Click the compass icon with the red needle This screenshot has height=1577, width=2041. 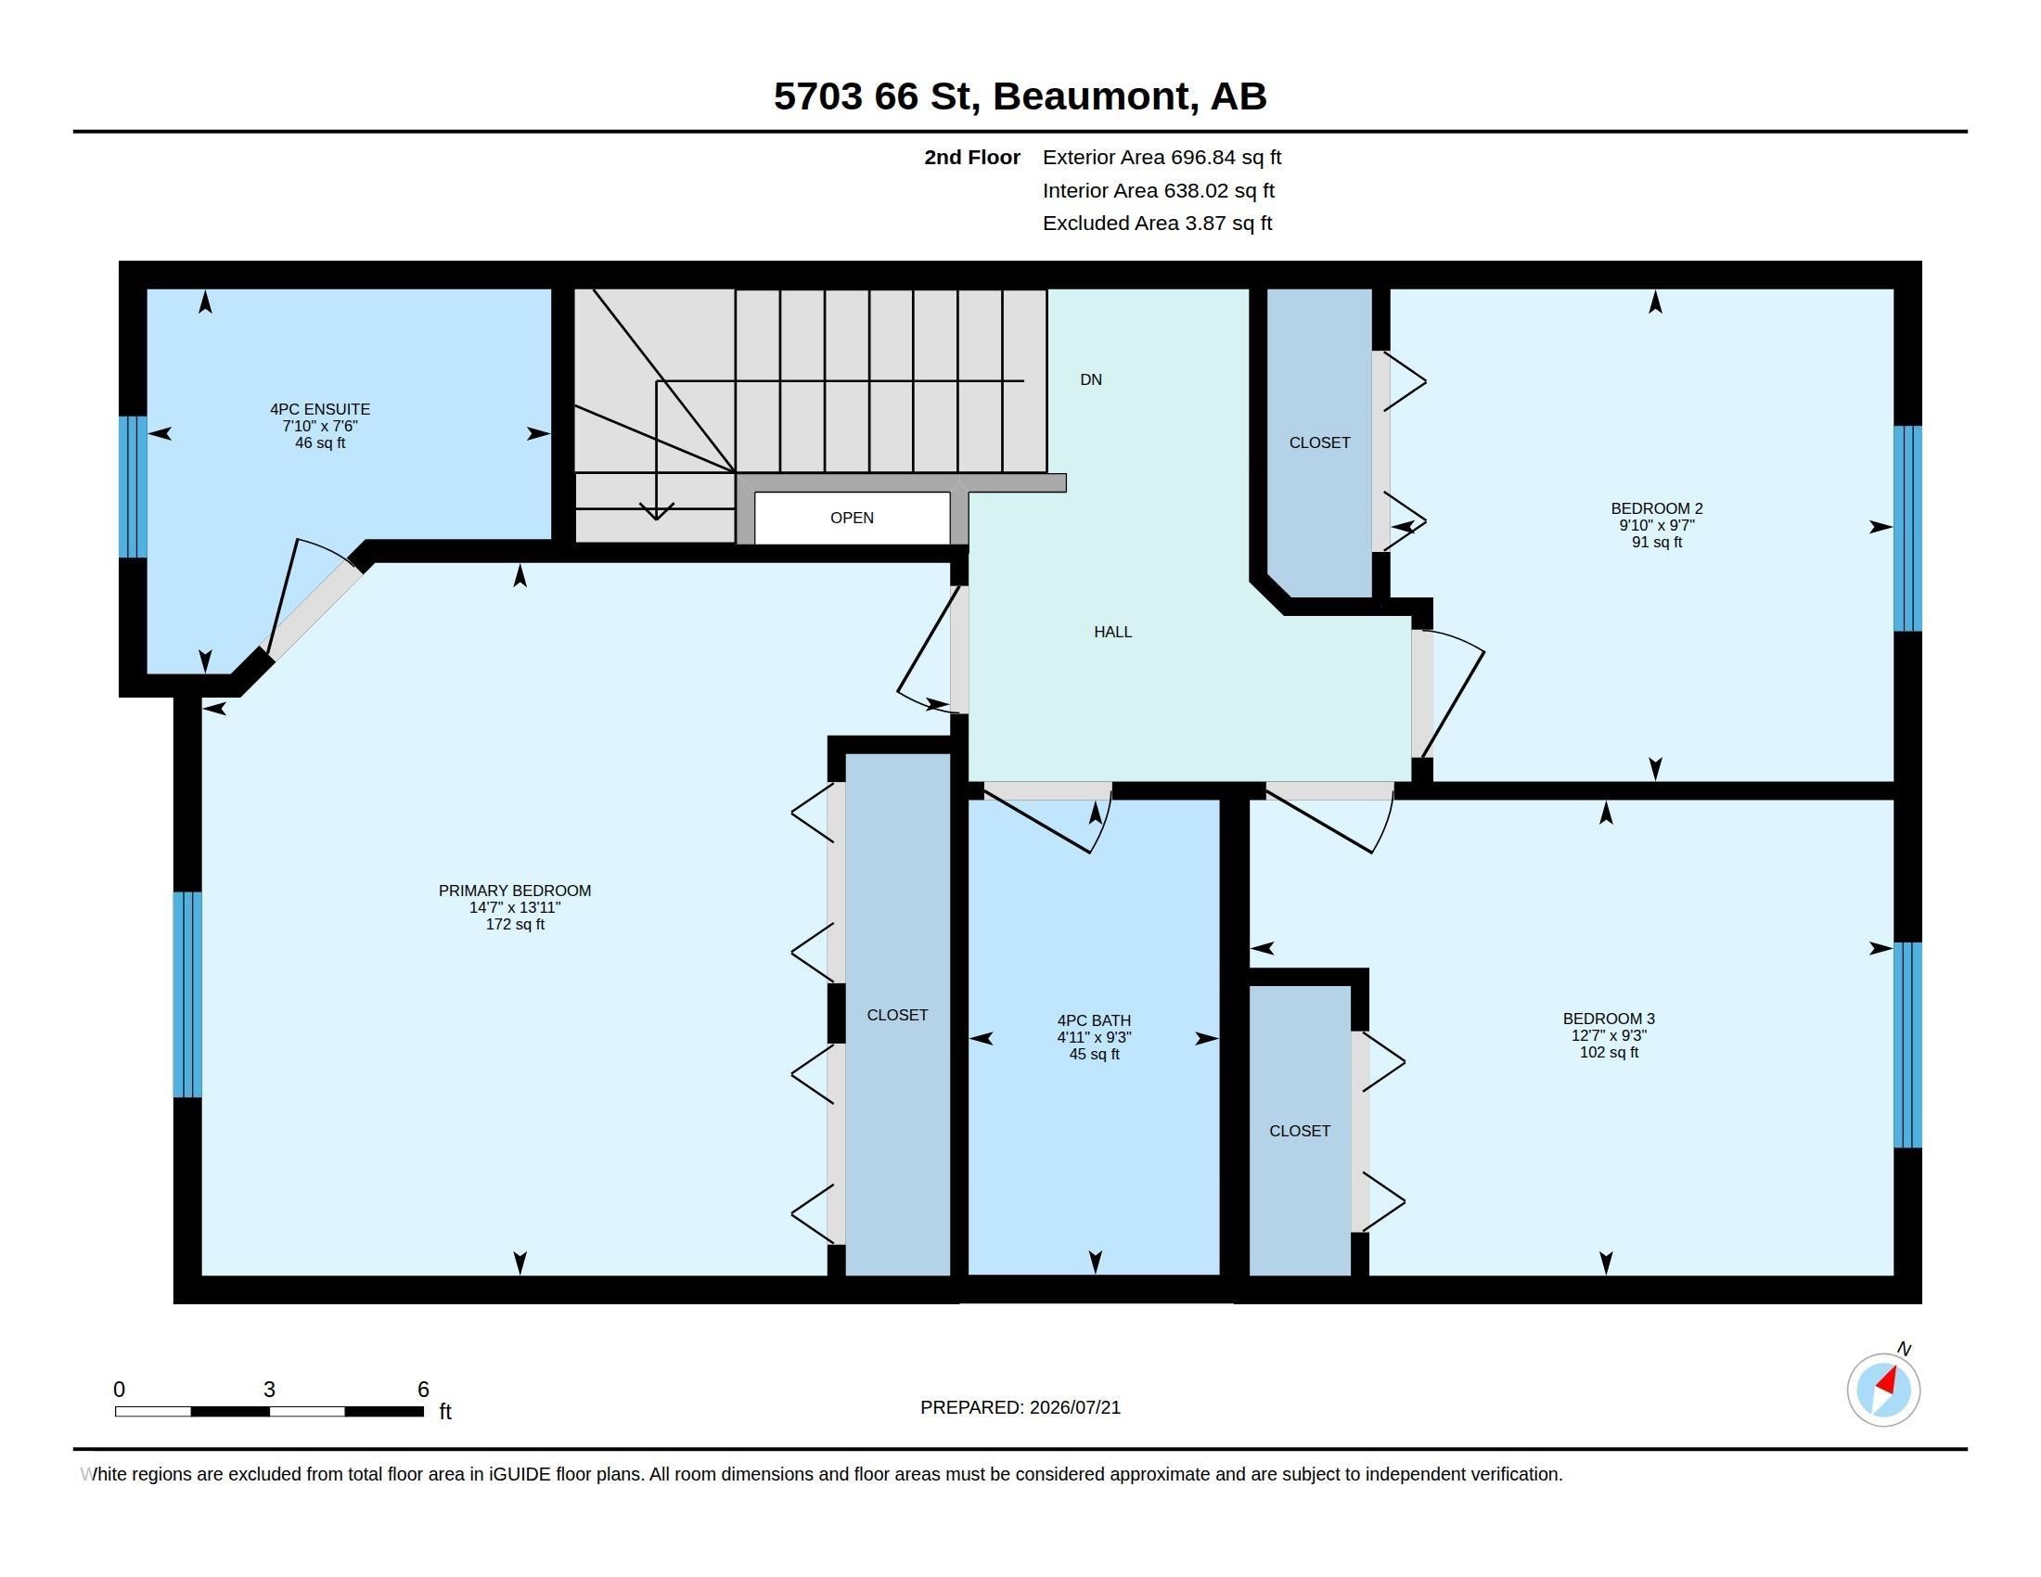click(x=1883, y=1390)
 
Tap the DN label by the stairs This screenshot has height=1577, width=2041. click(x=1091, y=379)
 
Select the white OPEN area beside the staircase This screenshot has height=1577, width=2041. click(x=852, y=518)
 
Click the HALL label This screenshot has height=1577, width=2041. click(x=1113, y=632)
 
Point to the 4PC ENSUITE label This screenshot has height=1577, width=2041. click(x=320, y=409)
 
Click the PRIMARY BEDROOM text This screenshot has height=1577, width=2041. click(x=515, y=891)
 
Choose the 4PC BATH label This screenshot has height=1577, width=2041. click(x=1095, y=1020)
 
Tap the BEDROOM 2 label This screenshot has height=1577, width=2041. click(x=1657, y=508)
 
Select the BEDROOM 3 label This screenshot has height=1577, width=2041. click(x=1609, y=1019)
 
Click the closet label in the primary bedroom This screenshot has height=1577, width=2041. click(x=897, y=1015)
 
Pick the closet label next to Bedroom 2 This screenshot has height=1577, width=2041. click(x=1319, y=442)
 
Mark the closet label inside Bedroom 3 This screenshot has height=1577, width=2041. click(x=1299, y=1131)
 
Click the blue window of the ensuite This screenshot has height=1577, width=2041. click(x=133, y=487)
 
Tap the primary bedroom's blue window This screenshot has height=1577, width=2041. click(x=186, y=994)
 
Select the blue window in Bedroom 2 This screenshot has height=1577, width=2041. click(x=1907, y=529)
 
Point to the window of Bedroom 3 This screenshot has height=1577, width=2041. click(x=1907, y=1045)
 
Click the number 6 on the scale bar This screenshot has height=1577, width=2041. click(x=423, y=1390)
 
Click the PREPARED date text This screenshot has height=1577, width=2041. click(x=1020, y=1407)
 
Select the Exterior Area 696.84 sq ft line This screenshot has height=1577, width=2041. click(x=1162, y=157)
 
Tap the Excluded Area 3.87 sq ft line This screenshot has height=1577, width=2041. click(x=1157, y=224)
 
